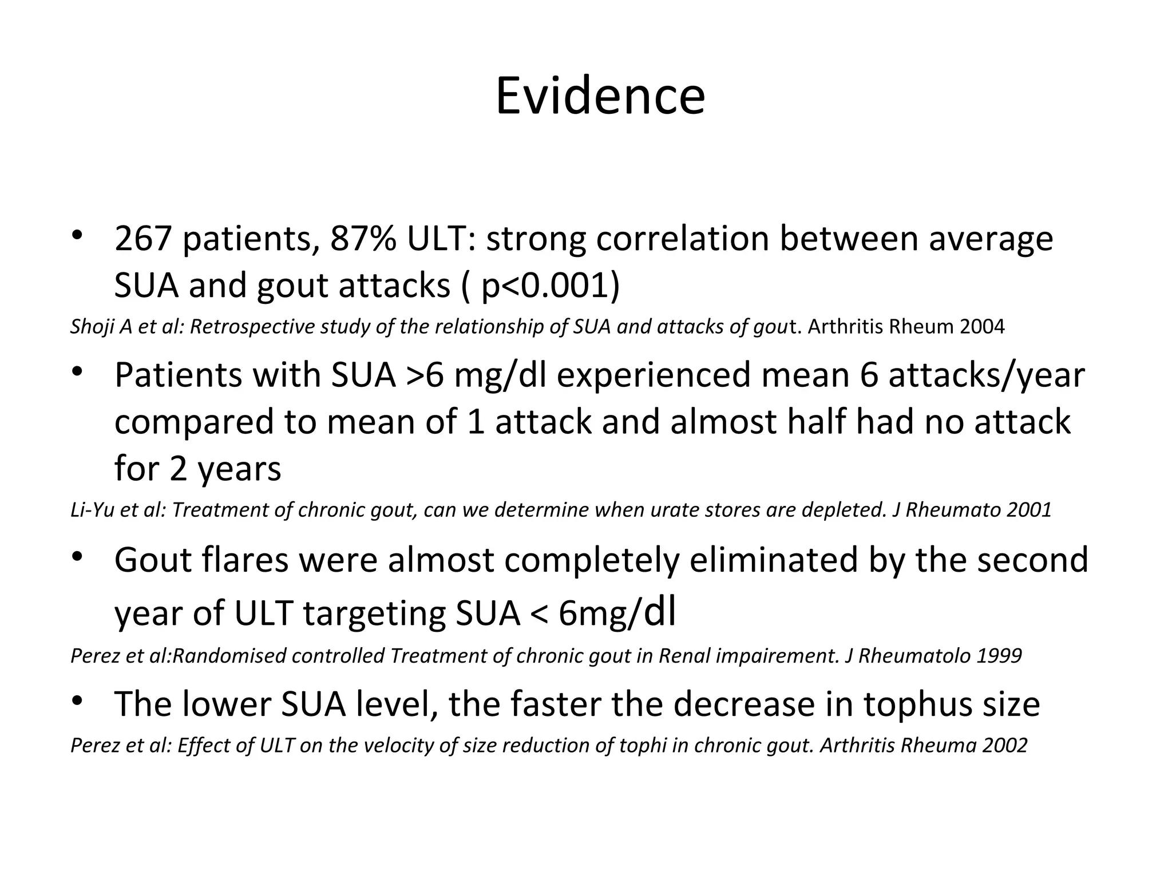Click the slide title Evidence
coord(600,96)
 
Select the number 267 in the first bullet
coord(143,239)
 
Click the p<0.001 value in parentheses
coord(544,286)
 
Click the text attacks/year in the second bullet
coord(986,375)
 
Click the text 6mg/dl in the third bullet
coord(617,613)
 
